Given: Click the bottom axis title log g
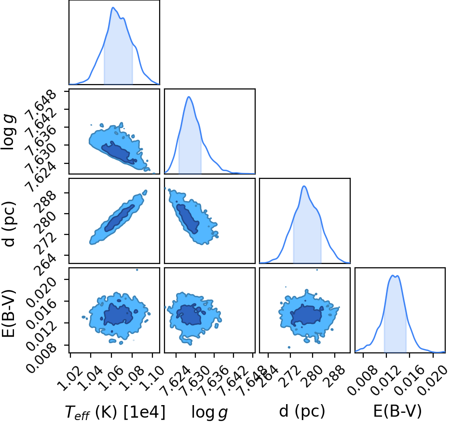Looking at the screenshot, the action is pyautogui.click(x=210, y=412).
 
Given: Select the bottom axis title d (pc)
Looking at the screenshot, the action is pyautogui.click(x=302, y=411).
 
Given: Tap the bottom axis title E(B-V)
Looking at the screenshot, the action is pyautogui.click(x=397, y=411).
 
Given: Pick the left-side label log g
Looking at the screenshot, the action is pyautogui.click(x=9, y=132).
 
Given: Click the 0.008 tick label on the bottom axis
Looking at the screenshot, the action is pyautogui.click(x=362, y=377).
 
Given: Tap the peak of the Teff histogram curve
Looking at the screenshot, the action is pyautogui.click(x=113, y=8).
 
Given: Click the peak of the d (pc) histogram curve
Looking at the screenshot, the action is pyautogui.click(x=304, y=186).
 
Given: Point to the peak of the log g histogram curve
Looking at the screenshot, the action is pyautogui.click(x=189, y=97).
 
